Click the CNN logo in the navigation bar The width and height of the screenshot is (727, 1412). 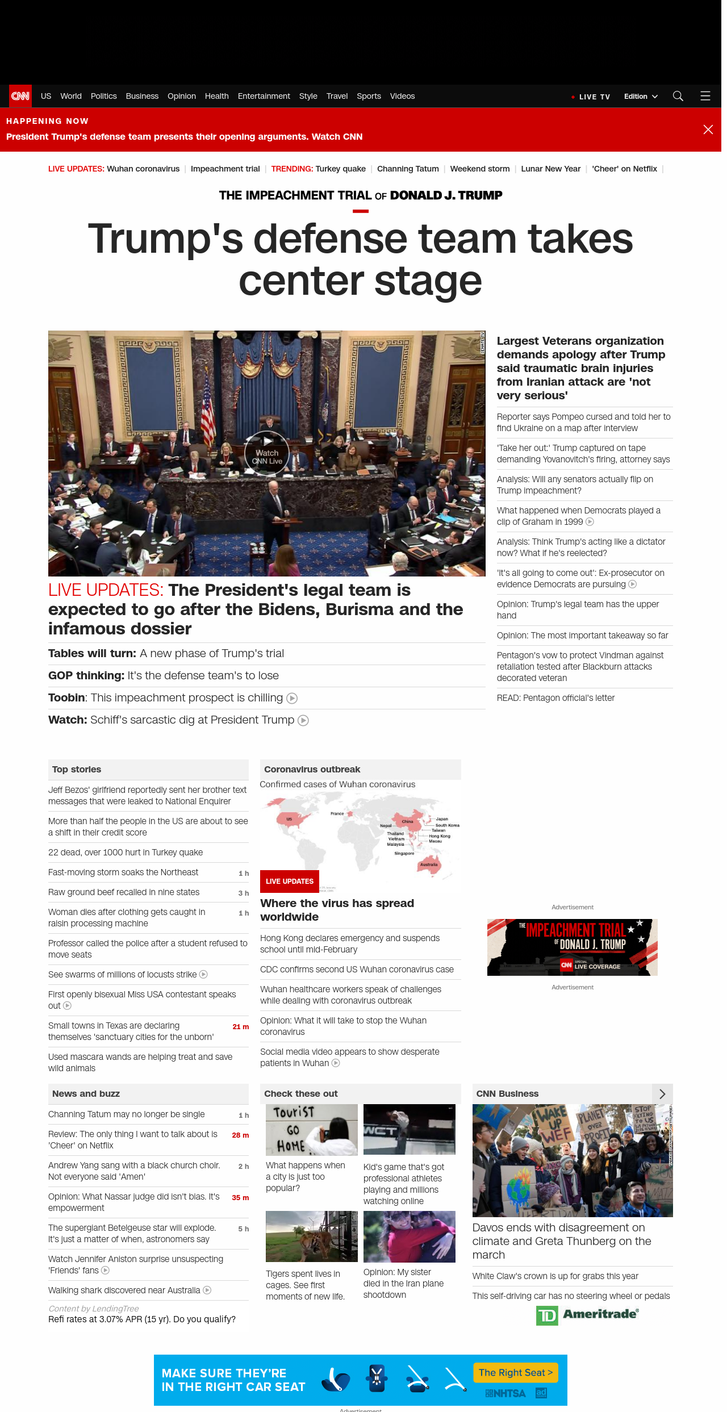tap(20, 96)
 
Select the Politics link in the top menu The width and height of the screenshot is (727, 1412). tap(103, 96)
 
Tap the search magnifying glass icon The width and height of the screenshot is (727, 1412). tap(678, 96)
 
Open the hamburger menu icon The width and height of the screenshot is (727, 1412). tap(705, 96)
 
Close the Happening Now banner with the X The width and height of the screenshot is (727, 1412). tap(708, 129)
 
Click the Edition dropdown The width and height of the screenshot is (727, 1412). tap(641, 97)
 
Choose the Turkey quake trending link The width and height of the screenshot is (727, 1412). tap(340, 169)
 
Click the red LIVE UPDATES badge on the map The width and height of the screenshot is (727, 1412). tap(290, 881)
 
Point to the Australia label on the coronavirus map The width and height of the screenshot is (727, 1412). tap(429, 864)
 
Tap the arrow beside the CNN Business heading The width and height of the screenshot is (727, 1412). tap(662, 1093)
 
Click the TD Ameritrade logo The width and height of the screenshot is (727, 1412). tap(587, 1315)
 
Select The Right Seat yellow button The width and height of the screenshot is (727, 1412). tap(516, 1372)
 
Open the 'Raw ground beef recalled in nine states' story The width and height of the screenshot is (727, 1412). tap(124, 892)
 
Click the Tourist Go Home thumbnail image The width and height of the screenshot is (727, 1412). tap(312, 1129)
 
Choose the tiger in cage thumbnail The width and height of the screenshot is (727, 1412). tap(312, 1236)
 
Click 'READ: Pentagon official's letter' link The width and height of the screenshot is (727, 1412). tap(555, 698)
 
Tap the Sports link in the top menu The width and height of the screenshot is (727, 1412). tap(369, 96)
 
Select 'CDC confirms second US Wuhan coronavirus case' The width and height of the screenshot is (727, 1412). tap(357, 970)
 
